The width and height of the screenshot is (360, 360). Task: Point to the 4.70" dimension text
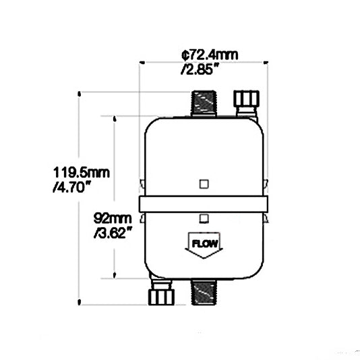pyautogui.click(x=71, y=189)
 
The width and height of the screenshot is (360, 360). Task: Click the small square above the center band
pyautogui.click(x=204, y=183)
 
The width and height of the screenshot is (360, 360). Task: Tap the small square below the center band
pyautogui.click(x=204, y=217)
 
